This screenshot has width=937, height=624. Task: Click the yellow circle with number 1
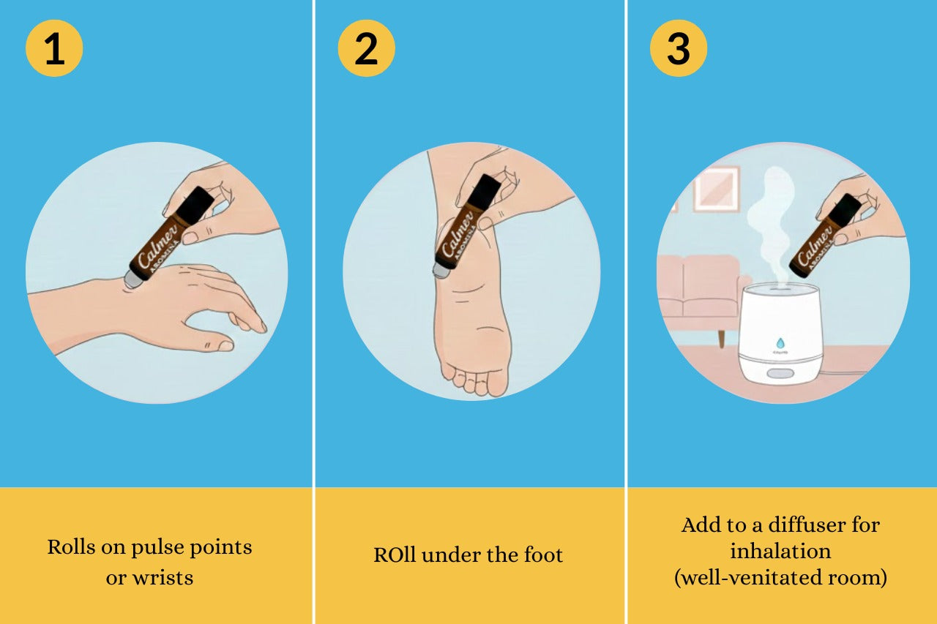[54, 48]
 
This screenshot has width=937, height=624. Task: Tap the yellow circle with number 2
[367, 48]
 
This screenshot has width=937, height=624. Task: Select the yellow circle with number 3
[679, 48]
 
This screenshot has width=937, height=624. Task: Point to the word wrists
[163, 578]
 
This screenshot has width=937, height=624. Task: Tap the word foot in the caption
[543, 555]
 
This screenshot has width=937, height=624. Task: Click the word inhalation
[780, 551]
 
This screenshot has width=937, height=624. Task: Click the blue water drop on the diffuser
[780, 344]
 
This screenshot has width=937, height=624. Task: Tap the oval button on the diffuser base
[780, 373]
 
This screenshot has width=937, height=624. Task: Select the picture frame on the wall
[717, 189]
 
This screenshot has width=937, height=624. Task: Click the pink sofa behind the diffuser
[699, 293]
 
